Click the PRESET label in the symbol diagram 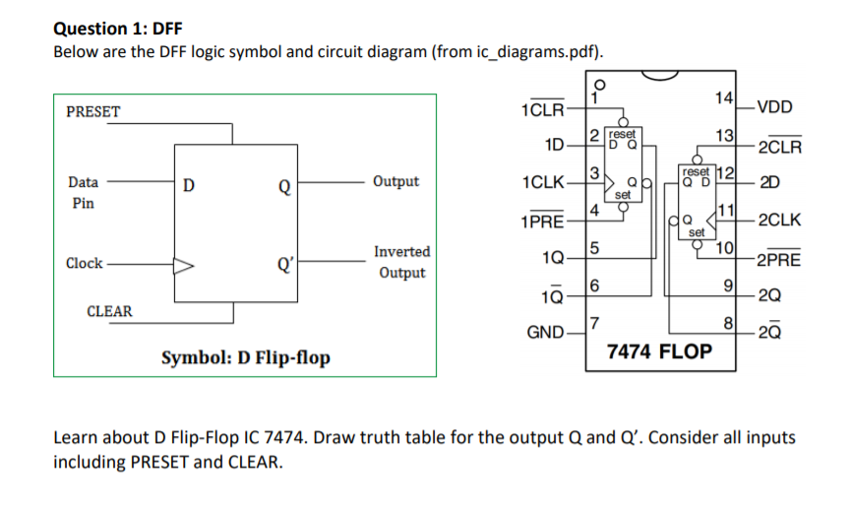coord(92,111)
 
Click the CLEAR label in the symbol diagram coord(109,311)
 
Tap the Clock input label coord(84,263)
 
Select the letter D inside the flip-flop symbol coord(189,182)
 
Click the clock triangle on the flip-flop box coord(185,264)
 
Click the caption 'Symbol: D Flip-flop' coord(245,356)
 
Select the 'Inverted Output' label coord(401,262)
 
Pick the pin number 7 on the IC coord(593,324)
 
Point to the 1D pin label coord(554,146)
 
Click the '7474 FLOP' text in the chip coord(659,351)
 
